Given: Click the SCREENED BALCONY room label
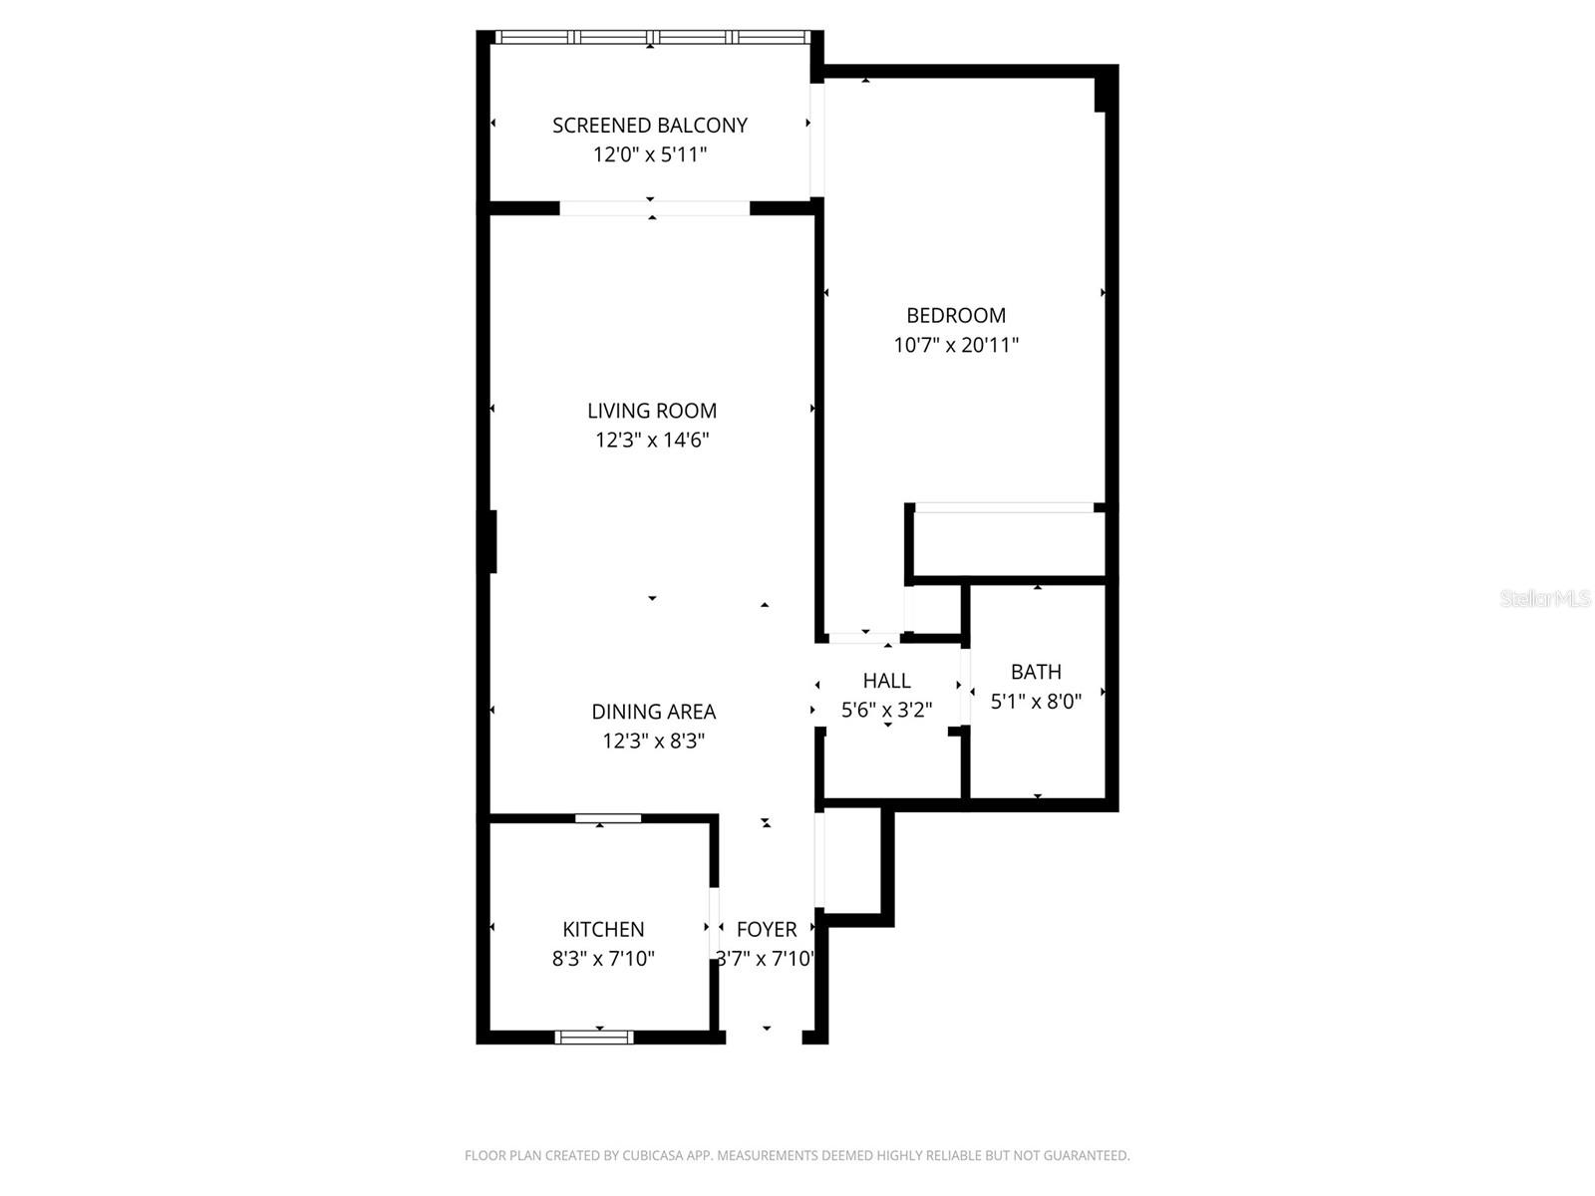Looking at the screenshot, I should click(x=650, y=126).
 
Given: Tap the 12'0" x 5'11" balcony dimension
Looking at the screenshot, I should click(x=650, y=155).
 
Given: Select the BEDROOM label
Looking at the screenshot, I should click(x=956, y=316).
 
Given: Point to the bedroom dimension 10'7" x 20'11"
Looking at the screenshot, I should click(x=956, y=346).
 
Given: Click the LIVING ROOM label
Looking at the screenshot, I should click(x=652, y=411).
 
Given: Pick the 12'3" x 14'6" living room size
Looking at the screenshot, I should click(x=652, y=441).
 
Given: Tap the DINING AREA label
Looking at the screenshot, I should click(x=654, y=712).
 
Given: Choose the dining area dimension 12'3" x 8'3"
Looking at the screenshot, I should click(x=654, y=742).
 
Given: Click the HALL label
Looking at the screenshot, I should click(x=886, y=681).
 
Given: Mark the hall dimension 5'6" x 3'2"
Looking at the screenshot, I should click(x=886, y=711).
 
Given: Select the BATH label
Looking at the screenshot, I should click(x=1036, y=672).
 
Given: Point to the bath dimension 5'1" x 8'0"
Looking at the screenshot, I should click(x=1036, y=702).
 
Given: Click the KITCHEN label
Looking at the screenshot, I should click(x=603, y=930).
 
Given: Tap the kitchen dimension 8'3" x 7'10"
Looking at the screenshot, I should click(x=603, y=960).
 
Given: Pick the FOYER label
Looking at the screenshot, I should click(x=767, y=930).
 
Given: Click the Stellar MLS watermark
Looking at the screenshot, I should click(x=1545, y=599).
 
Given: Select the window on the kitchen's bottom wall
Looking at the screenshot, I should click(x=594, y=1038).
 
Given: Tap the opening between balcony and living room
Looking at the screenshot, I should click(x=654, y=208).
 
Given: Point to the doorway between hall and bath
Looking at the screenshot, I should click(x=965, y=688).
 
